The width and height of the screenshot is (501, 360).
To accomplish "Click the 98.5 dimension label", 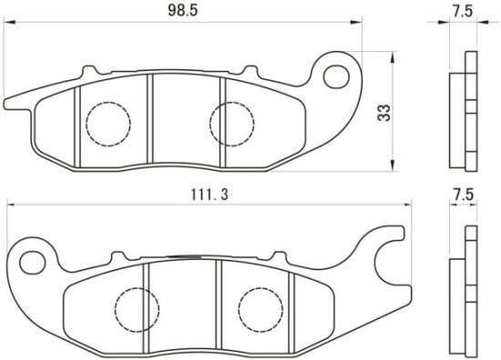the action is click(x=183, y=11).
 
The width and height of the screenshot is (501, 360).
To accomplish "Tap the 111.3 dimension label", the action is click(x=210, y=194).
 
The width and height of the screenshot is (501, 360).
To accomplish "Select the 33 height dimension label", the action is click(x=383, y=112).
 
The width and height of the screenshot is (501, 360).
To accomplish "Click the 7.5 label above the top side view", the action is click(x=463, y=11).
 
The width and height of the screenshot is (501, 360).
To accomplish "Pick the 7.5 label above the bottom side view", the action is click(x=463, y=195).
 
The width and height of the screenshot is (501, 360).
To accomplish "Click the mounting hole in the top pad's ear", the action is click(x=336, y=76).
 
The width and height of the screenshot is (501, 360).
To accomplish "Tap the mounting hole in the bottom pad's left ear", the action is click(x=32, y=262).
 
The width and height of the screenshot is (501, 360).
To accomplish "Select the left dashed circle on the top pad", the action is click(x=108, y=124).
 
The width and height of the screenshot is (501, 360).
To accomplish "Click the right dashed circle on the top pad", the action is click(x=232, y=124).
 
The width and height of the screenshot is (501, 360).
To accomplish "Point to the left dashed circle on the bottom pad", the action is click(x=137, y=310).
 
